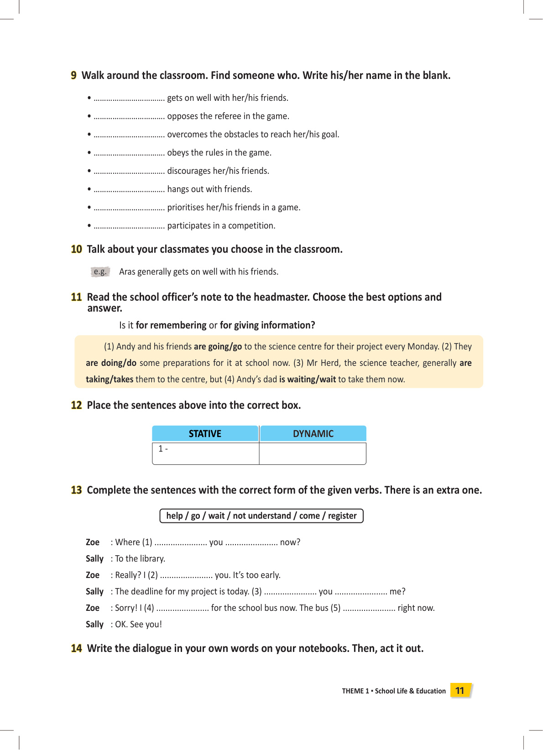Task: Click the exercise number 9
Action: pyautogui.click(x=73, y=75)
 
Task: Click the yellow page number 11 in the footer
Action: pyautogui.click(x=460, y=691)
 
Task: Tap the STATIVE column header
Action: pyautogui.click(x=205, y=433)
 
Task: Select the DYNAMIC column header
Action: pyautogui.click(x=313, y=433)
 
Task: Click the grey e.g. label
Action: pyautogui.click(x=100, y=272)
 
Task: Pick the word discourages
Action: pyautogui.click(x=189, y=171)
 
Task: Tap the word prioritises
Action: pyautogui.click(x=186, y=208)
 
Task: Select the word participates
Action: pyautogui.click(x=189, y=226)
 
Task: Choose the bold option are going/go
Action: pyautogui.click(x=218, y=347)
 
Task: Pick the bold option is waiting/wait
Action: pyautogui.click(x=308, y=380)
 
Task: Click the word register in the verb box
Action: pyautogui.click(x=342, y=516)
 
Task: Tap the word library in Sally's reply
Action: pyautogui.click(x=151, y=559)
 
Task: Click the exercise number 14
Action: pyautogui.click(x=76, y=648)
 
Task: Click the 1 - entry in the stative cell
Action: pyautogui.click(x=163, y=449)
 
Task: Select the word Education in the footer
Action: pyautogui.click(x=431, y=691)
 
